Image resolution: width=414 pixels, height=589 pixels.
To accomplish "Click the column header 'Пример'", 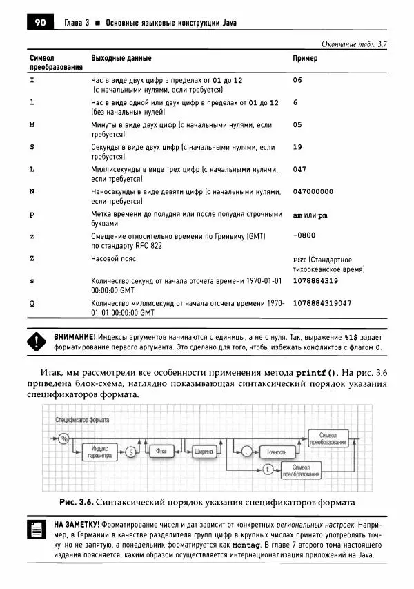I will (x=305, y=59).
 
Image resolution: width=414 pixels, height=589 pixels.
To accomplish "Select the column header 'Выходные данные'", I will (x=121, y=59).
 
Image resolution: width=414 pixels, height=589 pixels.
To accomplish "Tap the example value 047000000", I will (x=313, y=191).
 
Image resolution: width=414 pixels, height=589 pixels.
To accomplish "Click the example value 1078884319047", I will (x=322, y=303).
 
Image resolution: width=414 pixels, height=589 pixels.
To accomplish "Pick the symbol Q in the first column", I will (x=32, y=303).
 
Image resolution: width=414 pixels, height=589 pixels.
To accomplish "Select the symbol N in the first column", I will (x=32, y=191).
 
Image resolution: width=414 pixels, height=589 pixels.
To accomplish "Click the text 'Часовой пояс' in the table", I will (x=114, y=258).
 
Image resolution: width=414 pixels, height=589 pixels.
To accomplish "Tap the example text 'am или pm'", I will (x=310, y=215).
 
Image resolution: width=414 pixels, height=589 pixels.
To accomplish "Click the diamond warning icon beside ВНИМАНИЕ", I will (x=35, y=341).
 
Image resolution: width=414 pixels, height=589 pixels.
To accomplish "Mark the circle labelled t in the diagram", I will (x=266, y=470).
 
